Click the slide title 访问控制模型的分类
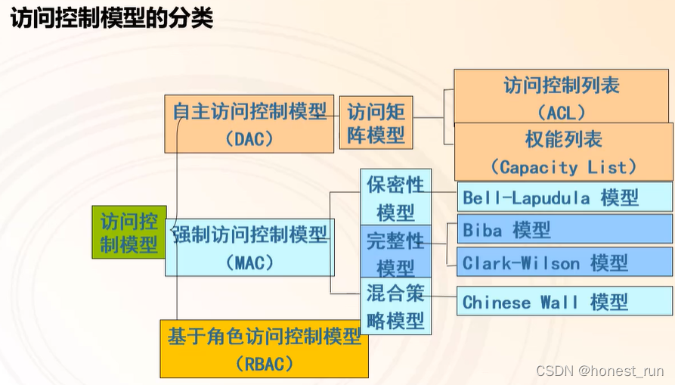111,18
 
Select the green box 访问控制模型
129,232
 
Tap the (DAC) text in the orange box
249,139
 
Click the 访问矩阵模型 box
376,123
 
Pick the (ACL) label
561,113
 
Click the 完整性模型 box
395,253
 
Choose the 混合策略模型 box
395,306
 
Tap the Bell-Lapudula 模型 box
565,197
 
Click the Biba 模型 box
565,230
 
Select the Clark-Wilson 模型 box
565,263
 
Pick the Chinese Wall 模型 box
565,303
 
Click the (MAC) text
249,263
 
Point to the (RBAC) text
264,365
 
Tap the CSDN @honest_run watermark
599,371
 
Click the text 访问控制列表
562,85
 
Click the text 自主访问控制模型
249,112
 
